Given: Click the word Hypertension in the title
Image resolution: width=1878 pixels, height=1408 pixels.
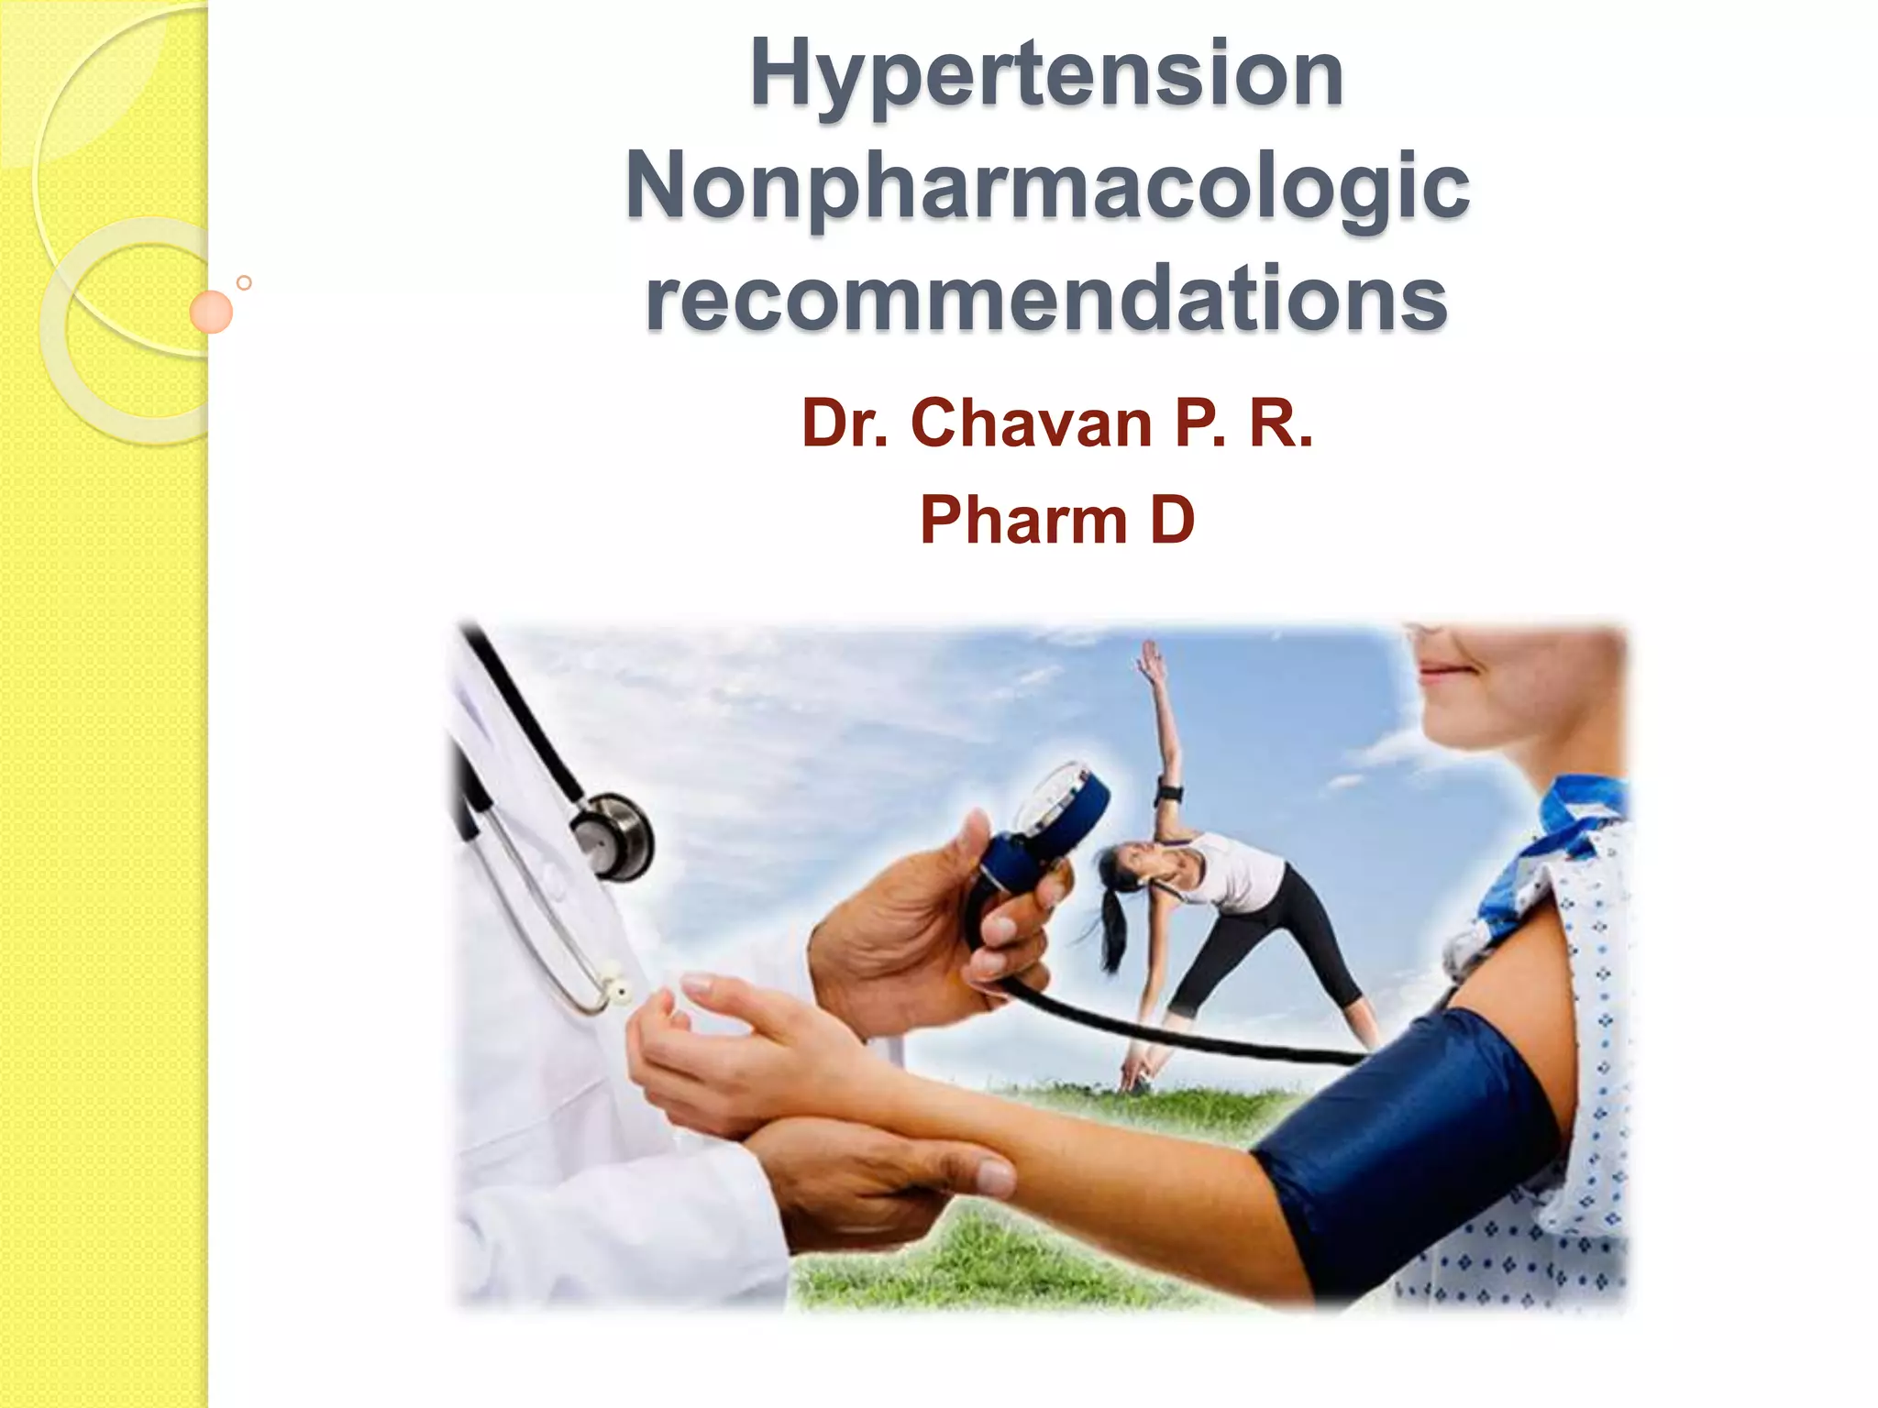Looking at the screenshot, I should click(x=1046, y=75).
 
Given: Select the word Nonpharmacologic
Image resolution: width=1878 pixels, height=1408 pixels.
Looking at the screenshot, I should click(x=1046, y=188).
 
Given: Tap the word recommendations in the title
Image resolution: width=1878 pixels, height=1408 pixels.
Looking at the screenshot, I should click(x=1046, y=299).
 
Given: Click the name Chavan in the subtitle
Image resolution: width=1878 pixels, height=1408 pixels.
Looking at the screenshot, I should click(x=1031, y=423).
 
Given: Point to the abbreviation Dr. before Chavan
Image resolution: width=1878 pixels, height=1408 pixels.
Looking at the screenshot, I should click(x=845, y=423).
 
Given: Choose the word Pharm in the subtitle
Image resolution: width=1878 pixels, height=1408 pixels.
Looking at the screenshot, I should click(x=1022, y=520).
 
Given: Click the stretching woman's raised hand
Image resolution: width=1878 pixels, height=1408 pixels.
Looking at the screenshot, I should click(x=1150, y=656).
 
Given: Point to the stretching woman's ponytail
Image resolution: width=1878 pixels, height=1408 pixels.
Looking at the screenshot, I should click(x=1112, y=926).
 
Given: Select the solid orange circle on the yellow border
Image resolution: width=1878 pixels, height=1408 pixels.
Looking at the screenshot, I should click(x=211, y=312).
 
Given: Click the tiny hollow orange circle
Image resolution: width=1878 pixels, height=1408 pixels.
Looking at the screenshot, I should click(x=244, y=282).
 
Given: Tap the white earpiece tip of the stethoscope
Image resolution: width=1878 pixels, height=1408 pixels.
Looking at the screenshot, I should click(x=619, y=991).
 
